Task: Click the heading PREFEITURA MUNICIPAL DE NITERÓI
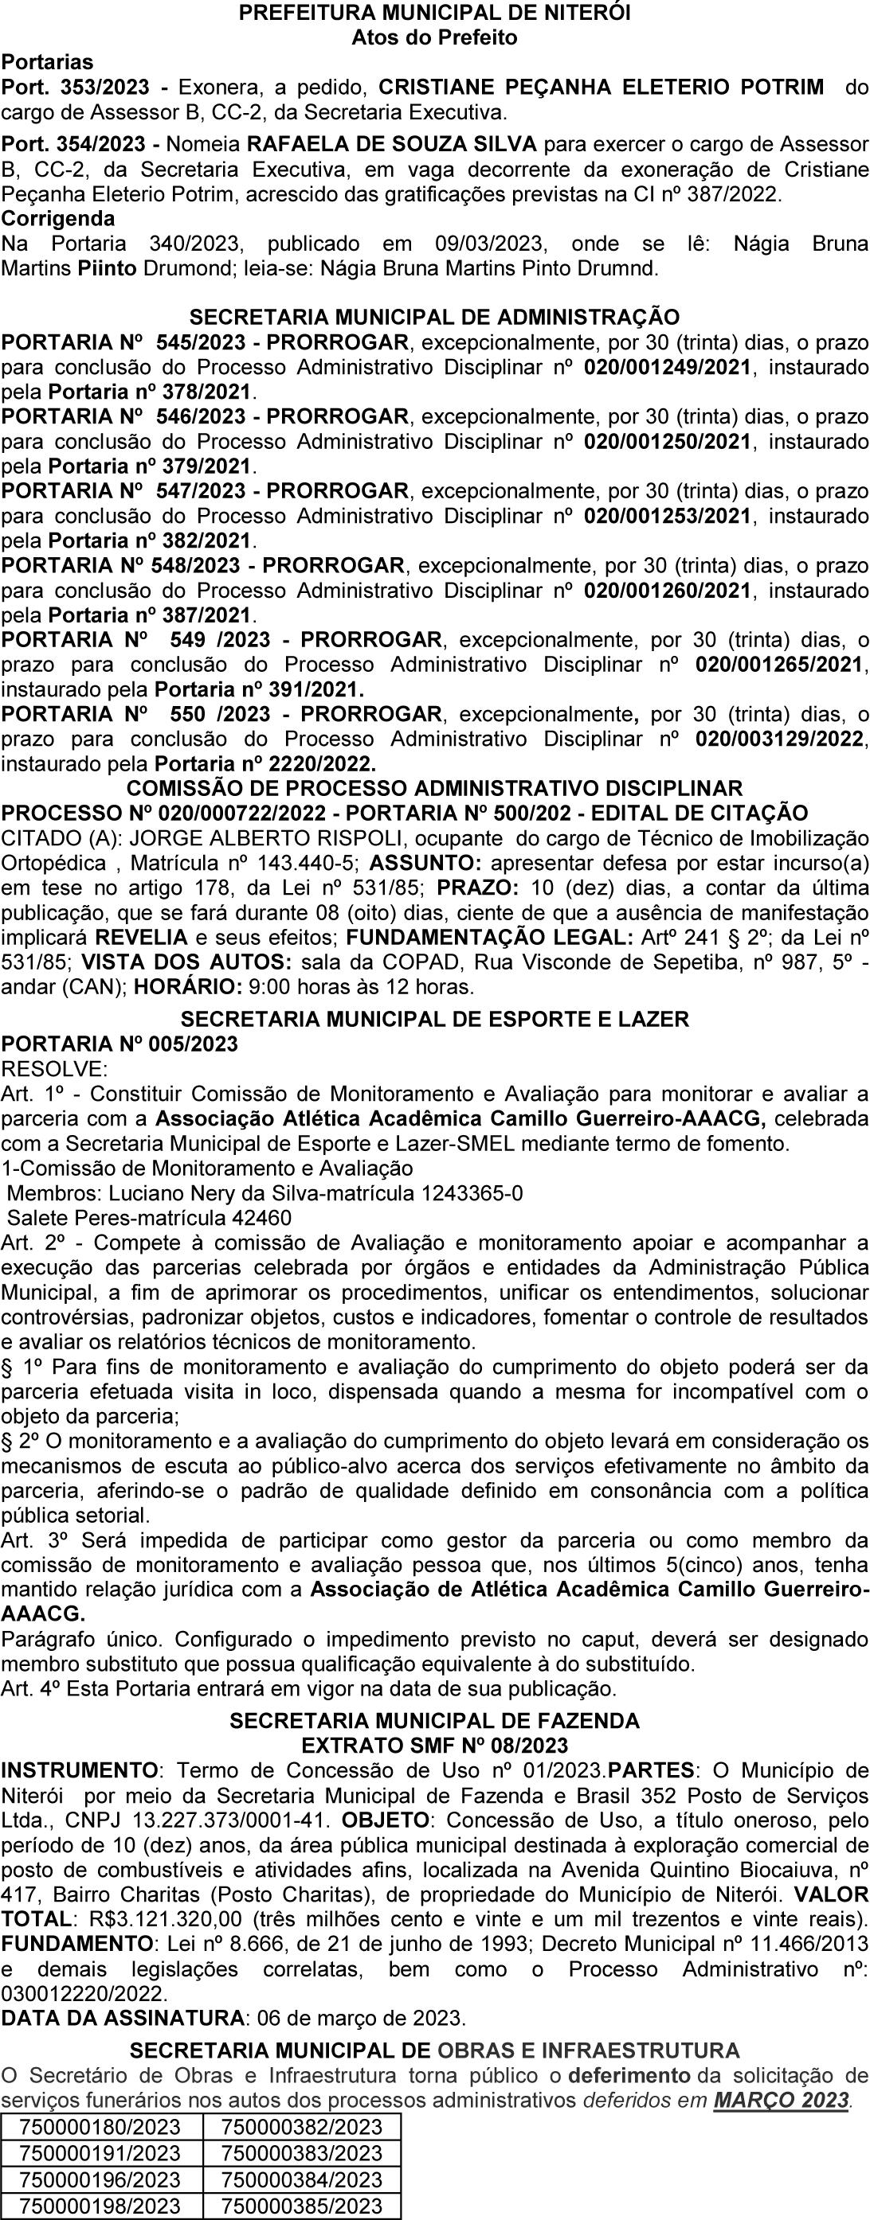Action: click(434, 13)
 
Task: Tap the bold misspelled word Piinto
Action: click(106, 268)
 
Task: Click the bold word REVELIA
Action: click(141, 937)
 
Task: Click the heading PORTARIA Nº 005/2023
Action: click(120, 1044)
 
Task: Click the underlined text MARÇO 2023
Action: click(782, 2095)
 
